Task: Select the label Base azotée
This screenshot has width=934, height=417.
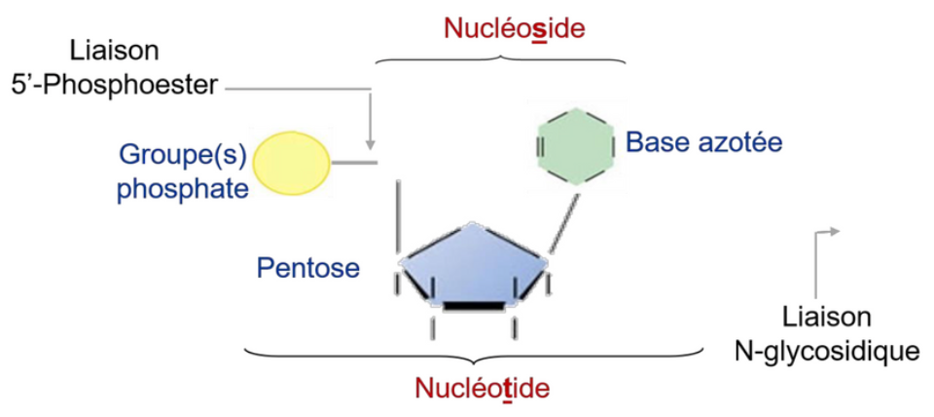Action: [x=704, y=142]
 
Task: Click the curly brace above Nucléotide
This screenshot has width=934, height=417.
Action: [x=474, y=351]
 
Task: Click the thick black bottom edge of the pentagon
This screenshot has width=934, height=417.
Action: [x=473, y=306]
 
